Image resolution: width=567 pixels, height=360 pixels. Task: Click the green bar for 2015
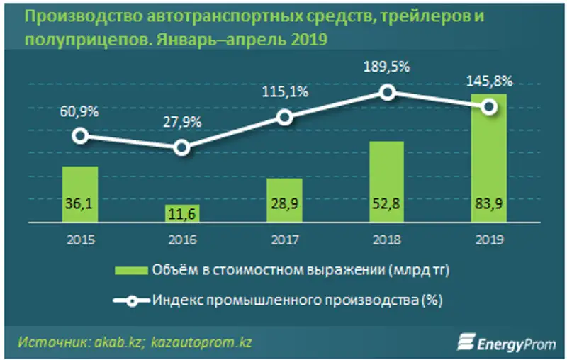(80, 194)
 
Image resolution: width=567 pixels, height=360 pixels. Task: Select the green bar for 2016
(181, 213)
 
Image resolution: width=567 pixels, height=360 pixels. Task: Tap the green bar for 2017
(283, 201)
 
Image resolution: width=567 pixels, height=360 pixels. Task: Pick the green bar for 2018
(386, 182)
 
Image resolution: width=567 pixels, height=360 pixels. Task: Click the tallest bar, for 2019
(488, 159)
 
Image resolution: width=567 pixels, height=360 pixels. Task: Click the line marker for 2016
(181, 147)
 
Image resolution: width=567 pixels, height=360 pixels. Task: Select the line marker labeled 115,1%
(283, 118)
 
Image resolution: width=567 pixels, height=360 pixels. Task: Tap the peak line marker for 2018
(386, 91)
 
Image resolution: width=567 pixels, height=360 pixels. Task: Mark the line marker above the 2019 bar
(488, 106)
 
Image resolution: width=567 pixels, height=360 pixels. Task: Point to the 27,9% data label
(181, 121)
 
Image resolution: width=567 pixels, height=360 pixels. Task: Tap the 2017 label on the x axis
(283, 240)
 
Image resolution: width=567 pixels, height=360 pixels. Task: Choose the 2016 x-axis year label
(181, 240)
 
